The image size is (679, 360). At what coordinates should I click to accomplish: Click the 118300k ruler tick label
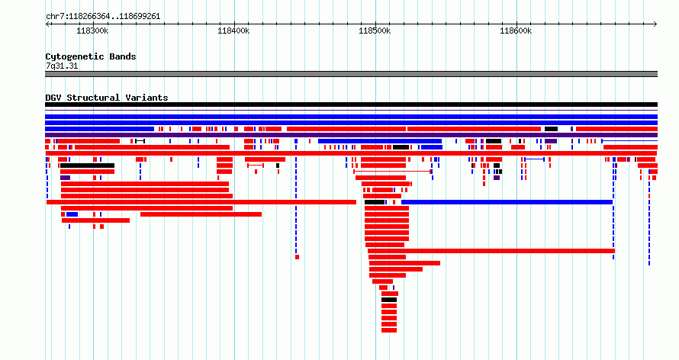pos(92,31)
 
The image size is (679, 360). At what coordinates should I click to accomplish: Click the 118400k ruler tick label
pos(233,31)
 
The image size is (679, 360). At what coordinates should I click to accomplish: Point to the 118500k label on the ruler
pos(375,31)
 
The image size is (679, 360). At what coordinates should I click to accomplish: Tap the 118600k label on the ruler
pos(516,31)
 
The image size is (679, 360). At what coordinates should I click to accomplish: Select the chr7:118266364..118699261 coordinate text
pos(103,17)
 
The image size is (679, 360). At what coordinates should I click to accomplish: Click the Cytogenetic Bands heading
pos(91,56)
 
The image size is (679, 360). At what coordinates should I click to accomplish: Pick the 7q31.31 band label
pos(62,66)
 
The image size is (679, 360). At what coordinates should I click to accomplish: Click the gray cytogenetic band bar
pos(351,74)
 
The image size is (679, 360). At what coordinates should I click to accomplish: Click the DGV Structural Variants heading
pos(107,98)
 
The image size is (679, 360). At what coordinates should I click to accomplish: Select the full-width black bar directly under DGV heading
pos(351,104)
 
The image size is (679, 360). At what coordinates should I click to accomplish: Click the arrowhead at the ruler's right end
pos(655,24)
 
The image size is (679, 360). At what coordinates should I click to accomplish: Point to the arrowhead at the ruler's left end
pos(47,24)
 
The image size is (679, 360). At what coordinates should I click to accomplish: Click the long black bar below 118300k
pos(88,166)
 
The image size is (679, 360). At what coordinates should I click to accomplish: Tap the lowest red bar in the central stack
pos(389,330)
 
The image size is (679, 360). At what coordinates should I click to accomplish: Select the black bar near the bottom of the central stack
pos(389,300)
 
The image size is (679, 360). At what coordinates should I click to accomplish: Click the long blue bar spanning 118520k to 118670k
pos(507,202)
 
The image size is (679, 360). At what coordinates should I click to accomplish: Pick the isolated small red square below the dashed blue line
pos(297,257)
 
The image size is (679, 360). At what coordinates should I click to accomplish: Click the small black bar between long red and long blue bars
pos(375,202)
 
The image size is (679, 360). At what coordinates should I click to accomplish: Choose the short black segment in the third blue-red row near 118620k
pos(552,129)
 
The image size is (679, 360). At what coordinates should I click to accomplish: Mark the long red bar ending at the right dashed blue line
pos(491,251)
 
